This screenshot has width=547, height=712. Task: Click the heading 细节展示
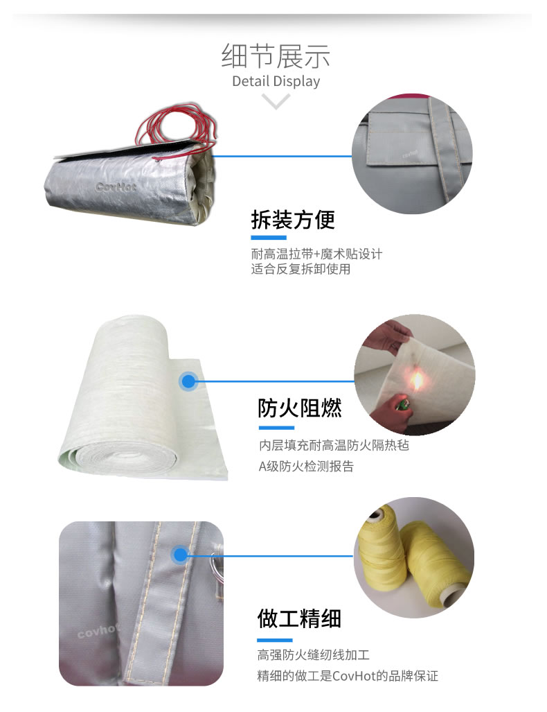coord(276,56)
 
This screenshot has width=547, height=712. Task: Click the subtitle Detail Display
coord(276,81)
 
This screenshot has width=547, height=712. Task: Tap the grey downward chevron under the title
coord(276,101)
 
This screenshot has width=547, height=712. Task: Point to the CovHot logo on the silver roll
coord(115,186)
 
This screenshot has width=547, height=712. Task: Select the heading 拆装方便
coord(293,220)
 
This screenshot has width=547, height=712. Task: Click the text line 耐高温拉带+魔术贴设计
coord(316,253)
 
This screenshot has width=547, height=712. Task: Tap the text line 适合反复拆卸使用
coord(301,269)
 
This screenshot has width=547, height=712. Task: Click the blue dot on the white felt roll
coord(189,381)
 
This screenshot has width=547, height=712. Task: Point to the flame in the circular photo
coord(415,381)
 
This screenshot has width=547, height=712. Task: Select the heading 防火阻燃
coord(299,408)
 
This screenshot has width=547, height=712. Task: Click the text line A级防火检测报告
coord(306,467)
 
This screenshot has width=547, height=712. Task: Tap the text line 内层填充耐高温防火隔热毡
coord(334,445)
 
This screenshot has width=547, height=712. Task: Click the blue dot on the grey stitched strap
coord(180,555)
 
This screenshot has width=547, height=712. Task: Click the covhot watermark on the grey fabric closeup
coord(98,631)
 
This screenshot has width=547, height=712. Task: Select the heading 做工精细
coord(299,619)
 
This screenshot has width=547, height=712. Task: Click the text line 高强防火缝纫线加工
coord(314,654)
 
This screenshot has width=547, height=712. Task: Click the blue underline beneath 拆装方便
coord(269,238)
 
